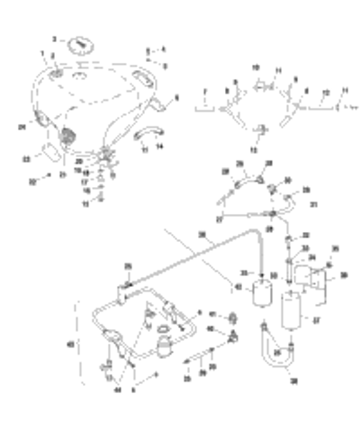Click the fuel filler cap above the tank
[80, 45]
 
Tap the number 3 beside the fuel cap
[54, 38]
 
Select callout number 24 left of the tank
[21, 128]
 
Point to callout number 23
[26, 159]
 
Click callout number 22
[31, 182]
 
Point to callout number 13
[254, 151]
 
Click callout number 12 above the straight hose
[326, 92]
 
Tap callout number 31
[313, 204]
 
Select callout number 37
[317, 320]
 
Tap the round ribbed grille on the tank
[69, 135]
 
